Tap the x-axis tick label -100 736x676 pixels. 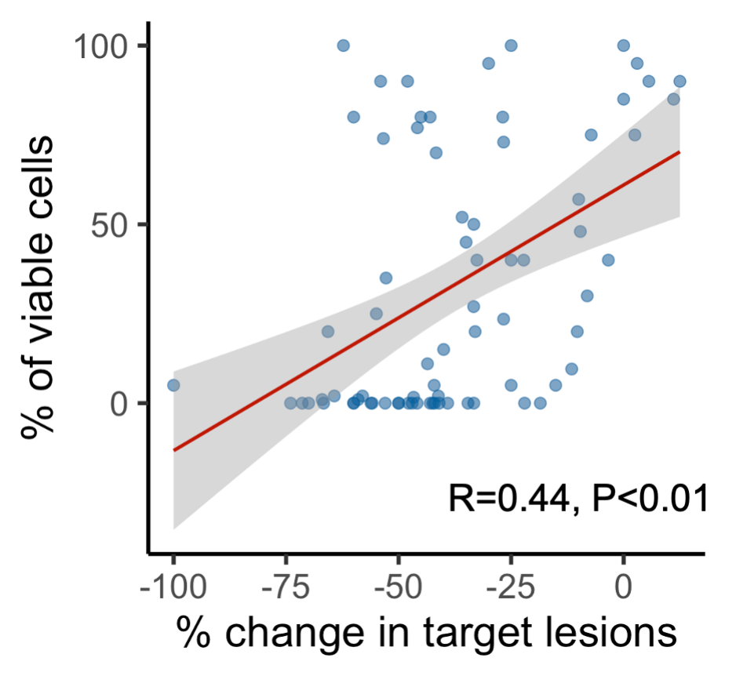(x=173, y=587)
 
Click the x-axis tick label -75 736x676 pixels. (x=286, y=587)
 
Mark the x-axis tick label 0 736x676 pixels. (x=624, y=587)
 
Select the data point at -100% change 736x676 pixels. (x=173, y=385)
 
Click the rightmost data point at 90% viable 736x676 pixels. (x=680, y=82)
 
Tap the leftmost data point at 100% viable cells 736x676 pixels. (x=343, y=45)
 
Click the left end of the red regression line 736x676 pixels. (x=173, y=450)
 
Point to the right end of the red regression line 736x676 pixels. (x=680, y=152)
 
